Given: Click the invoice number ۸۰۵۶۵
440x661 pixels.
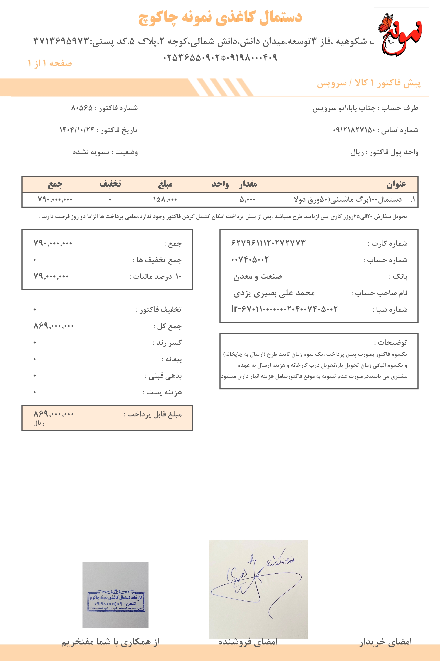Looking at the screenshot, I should coord(82,108).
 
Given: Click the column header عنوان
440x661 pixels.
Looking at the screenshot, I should coord(396,184).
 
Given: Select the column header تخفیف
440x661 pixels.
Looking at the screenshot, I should coord(110,184).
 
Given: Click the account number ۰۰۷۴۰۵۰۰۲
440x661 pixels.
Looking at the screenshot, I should coord(250,260).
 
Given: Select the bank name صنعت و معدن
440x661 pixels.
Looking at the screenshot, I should coord(258,277).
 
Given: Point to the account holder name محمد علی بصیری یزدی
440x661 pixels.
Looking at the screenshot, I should coord(274,293).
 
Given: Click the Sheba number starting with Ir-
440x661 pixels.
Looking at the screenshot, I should coord(284,309).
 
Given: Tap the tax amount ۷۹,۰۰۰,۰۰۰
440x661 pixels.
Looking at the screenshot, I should coord(51,276).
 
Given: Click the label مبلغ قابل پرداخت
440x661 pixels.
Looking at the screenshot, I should coord(153,414).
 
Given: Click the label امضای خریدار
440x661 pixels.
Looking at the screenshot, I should coord(386,642).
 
